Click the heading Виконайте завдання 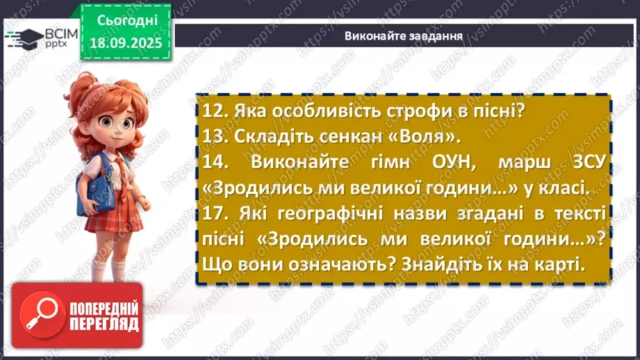click(404, 35)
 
